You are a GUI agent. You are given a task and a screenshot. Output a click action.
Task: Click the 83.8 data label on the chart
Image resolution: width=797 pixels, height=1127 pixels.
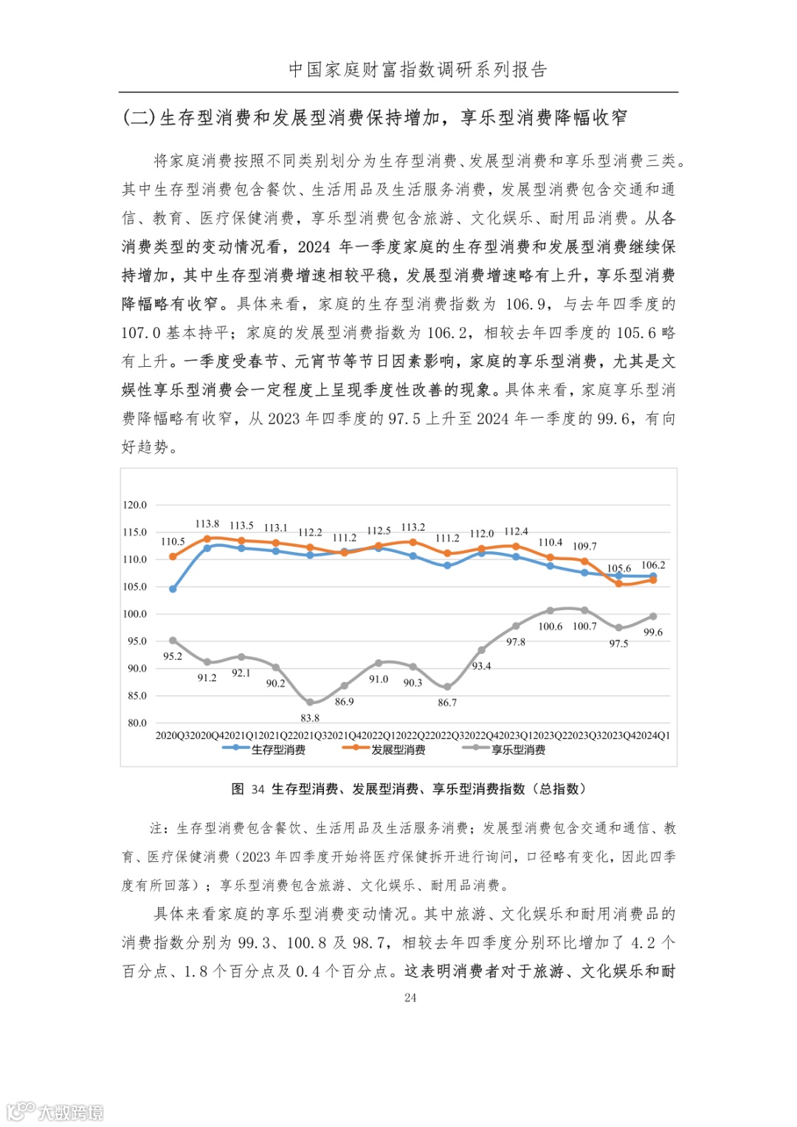click(x=310, y=717)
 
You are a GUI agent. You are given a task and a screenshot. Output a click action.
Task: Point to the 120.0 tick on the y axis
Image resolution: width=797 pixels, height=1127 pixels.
click(x=134, y=505)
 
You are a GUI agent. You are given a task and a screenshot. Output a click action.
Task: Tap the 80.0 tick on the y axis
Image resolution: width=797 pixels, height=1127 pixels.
click(x=137, y=723)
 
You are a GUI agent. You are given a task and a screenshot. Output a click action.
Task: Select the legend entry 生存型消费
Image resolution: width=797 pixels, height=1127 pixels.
click(x=278, y=750)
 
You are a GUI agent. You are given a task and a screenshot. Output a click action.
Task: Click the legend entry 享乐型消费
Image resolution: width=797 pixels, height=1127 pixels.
click(x=518, y=750)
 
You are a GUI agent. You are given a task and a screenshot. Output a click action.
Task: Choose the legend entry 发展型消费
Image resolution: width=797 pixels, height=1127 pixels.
click(x=398, y=750)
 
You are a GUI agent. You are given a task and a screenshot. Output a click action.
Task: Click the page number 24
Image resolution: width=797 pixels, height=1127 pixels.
click(x=410, y=998)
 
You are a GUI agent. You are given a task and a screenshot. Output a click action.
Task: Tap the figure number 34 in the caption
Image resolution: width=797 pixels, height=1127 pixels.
click(x=258, y=790)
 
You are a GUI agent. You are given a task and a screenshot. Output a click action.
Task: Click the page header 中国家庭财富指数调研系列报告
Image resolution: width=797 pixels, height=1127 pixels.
click(x=418, y=70)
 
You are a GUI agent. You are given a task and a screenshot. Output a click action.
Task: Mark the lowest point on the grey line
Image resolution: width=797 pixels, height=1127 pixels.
click(x=310, y=703)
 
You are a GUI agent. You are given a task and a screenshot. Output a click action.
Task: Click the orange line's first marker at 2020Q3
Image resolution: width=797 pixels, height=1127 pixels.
click(x=173, y=556)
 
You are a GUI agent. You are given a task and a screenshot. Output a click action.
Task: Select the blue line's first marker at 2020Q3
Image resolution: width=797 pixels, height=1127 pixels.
click(x=173, y=589)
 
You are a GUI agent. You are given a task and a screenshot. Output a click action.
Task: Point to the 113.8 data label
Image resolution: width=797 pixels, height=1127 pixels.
click(x=207, y=524)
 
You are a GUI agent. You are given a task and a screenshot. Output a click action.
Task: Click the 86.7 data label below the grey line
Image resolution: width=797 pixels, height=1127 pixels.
click(x=447, y=703)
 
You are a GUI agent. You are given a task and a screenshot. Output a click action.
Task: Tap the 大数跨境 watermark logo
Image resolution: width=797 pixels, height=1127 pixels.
click(x=56, y=1111)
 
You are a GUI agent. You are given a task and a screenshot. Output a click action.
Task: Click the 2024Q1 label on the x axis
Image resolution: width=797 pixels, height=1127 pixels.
click(x=653, y=736)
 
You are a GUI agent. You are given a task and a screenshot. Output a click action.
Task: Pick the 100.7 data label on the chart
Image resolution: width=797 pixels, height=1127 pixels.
click(x=584, y=627)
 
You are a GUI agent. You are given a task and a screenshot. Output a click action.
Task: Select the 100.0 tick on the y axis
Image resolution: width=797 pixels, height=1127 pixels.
click(x=134, y=614)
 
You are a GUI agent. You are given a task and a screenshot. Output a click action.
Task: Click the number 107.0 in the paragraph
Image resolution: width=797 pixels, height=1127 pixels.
click(x=141, y=333)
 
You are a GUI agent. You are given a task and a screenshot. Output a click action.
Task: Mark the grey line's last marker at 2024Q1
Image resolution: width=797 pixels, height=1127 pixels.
click(x=653, y=616)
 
